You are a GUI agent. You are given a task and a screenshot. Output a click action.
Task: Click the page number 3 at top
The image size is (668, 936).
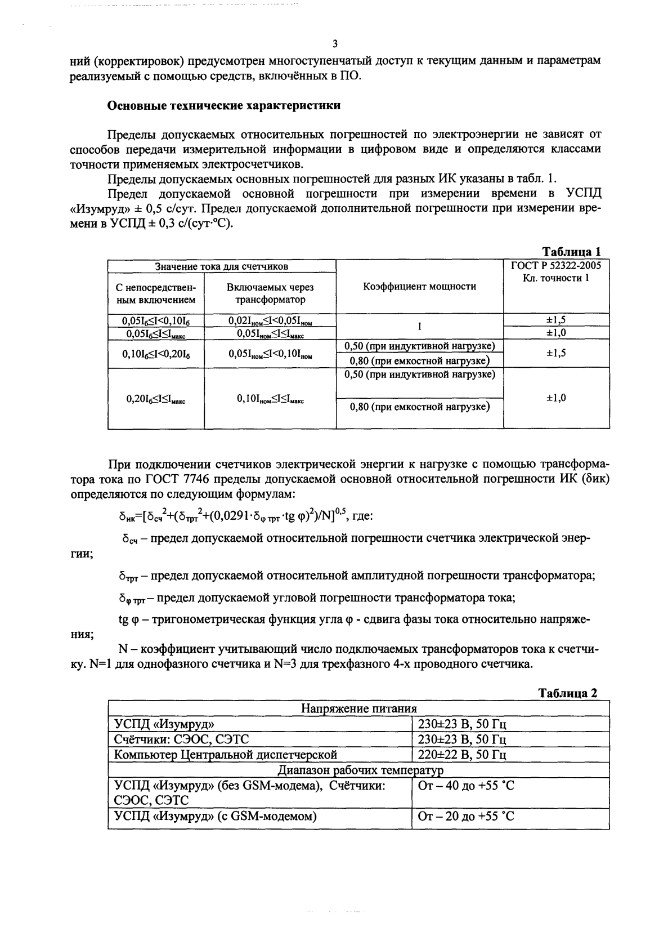335,44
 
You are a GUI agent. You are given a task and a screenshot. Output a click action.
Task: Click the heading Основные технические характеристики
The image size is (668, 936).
224,105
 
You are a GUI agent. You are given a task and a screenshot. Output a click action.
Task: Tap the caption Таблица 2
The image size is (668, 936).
568,693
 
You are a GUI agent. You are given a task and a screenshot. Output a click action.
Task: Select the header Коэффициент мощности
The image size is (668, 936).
419,286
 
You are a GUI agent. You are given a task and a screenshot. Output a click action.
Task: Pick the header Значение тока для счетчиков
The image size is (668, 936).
222,266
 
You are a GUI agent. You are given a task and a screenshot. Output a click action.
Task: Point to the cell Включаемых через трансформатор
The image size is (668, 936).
270,293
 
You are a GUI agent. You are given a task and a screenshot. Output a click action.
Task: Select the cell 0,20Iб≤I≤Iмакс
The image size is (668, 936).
156,399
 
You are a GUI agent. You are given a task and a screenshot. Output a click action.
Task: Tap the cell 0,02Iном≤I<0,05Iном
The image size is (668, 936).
270,320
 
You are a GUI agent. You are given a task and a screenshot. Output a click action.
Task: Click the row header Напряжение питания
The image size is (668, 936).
358,708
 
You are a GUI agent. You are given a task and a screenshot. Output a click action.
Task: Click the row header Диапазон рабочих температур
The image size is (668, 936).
358,770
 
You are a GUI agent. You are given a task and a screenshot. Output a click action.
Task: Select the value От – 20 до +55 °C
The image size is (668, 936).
466,816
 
